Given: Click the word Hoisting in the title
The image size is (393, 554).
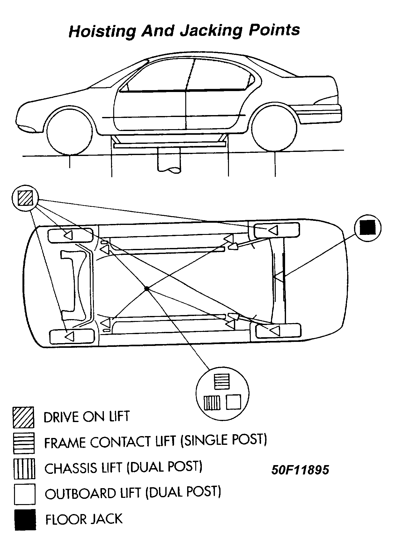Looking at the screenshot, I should click(x=102, y=31).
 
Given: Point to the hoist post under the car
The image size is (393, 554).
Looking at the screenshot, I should click(x=169, y=160).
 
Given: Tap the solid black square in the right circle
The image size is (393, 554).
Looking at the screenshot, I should click(x=368, y=227).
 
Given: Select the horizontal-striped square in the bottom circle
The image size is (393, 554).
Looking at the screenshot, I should click(x=222, y=381).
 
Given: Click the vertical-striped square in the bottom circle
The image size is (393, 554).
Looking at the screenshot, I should click(x=212, y=402).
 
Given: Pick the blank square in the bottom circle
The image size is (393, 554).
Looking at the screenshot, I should click(x=233, y=402).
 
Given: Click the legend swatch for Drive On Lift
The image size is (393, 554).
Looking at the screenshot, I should click(x=23, y=417).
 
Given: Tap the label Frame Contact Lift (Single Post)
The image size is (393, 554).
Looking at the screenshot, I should click(x=155, y=441).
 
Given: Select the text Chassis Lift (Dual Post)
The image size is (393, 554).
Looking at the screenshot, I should click(x=123, y=468).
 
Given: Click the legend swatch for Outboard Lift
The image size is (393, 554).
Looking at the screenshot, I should click(x=24, y=494).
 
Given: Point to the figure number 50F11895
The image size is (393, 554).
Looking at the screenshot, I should click(x=300, y=470).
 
